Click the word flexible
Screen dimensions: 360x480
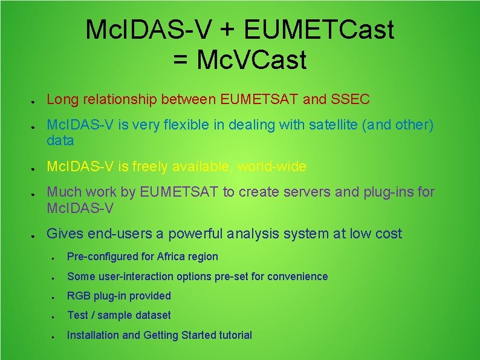point(205,125)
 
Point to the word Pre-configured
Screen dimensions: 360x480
point(103,257)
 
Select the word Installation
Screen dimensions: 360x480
point(93,335)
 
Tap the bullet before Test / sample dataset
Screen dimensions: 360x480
point(54,317)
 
